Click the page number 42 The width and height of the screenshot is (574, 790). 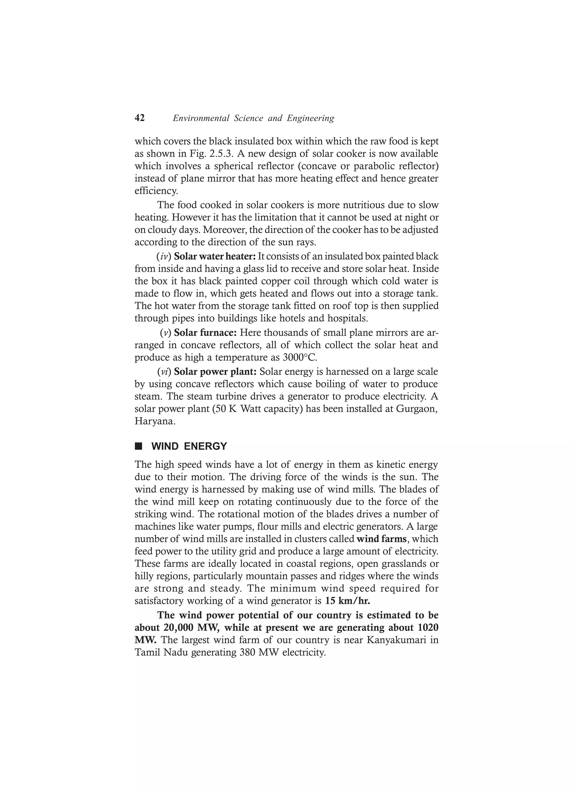click(x=140, y=118)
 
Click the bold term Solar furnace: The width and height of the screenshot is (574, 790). click(x=205, y=333)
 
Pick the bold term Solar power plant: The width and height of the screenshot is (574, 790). click(x=215, y=372)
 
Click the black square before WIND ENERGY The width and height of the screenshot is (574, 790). click(x=139, y=446)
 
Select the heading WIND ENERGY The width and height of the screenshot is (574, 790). click(x=189, y=446)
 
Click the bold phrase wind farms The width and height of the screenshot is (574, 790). click(x=381, y=539)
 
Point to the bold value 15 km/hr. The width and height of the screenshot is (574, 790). click(x=348, y=601)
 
